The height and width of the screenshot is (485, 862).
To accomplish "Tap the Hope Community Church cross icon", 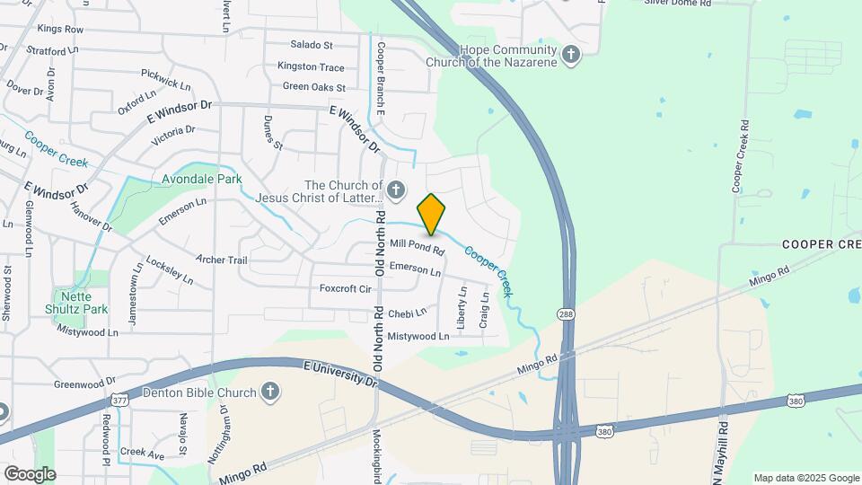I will click(x=570, y=56).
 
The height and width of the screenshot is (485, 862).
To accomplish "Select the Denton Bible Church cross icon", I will click(x=269, y=392).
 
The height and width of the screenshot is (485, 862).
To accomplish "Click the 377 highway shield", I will click(x=118, y=399).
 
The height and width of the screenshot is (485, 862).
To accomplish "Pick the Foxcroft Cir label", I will click(x=346, y=288).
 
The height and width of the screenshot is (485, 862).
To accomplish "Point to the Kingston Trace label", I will click(x=311, y=66).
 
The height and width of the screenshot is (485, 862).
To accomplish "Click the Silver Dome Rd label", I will click(x=678, y=4).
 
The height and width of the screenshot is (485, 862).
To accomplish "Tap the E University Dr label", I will click(x=340, y=374).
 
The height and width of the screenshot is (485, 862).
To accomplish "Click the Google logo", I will click(x=29, y=473).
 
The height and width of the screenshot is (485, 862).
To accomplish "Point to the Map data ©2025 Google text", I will click(x=805, y=478).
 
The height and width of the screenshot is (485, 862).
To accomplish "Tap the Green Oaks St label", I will click(x=314, y=87).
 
